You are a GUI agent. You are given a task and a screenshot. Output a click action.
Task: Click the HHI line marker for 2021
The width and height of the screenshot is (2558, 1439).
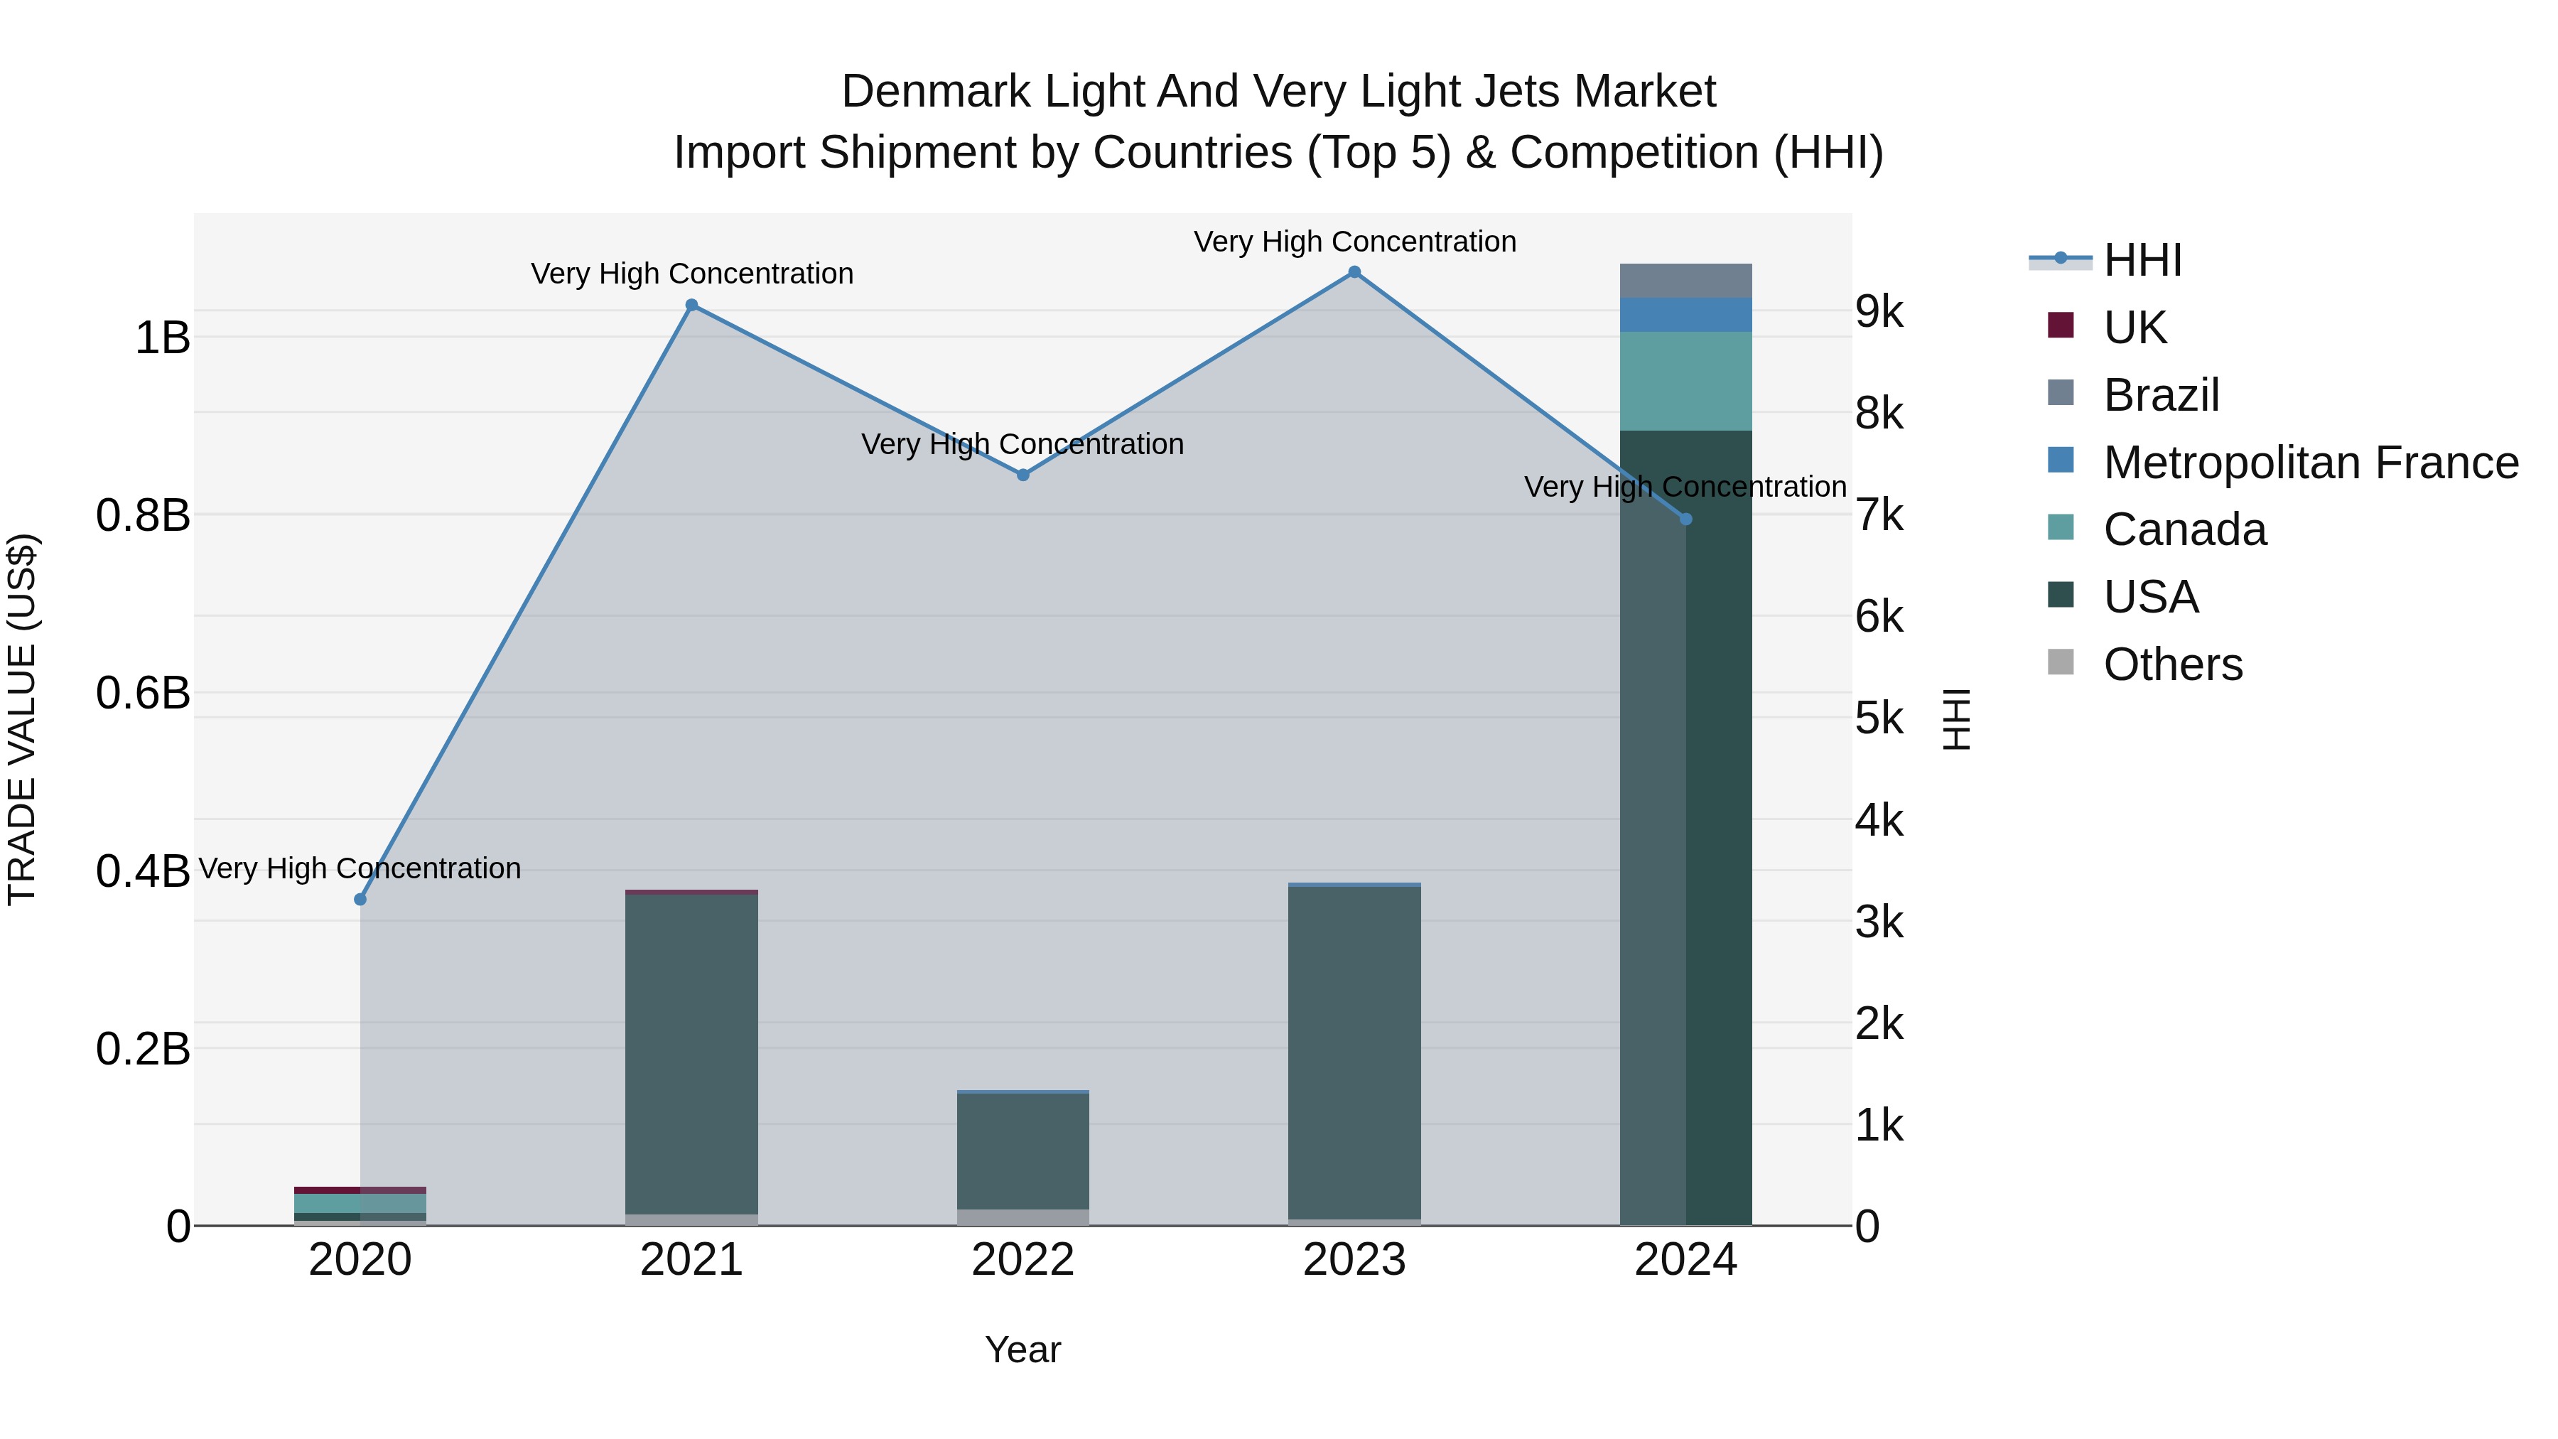coord(692,306)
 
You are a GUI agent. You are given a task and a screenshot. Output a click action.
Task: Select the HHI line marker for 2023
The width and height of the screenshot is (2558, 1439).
coord(1354,272)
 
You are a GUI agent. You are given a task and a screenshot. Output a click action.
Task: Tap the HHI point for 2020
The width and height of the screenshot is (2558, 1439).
coord(360,900)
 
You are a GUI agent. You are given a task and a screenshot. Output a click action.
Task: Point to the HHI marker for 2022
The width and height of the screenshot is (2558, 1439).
coord(1022,475)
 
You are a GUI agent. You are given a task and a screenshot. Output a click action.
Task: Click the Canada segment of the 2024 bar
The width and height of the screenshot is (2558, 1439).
coord(1685,382)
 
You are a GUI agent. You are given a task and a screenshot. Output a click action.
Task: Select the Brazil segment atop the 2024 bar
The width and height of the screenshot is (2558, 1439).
coord(1685,281)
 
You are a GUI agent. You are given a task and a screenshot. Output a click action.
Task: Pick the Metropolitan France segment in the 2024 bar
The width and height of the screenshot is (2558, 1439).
coord(1685,315)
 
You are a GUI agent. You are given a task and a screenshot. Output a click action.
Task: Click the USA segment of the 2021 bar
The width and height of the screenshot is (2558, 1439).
coord(692,1052)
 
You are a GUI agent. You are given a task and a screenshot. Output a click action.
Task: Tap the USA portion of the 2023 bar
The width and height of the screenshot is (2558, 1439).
coord(1354,1052)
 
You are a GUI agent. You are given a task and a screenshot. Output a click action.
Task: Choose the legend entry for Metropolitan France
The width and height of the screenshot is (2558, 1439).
coord(2310,463)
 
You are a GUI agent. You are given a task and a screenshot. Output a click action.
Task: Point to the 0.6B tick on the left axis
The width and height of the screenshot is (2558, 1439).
coord(143,693)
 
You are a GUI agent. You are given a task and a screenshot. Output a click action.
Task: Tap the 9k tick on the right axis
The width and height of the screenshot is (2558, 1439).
coord(1879,312)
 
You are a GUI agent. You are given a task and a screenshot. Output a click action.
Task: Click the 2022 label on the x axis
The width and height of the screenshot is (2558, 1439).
coord(1022,1260)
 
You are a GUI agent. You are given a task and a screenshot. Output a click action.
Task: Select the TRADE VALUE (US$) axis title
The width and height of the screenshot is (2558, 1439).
coord(22,719)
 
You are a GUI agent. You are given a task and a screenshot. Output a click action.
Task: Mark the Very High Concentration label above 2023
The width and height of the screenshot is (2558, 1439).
coord(1354,242)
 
